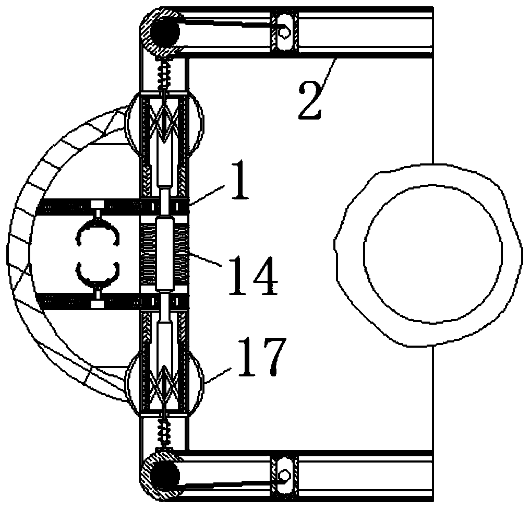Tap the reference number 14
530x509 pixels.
tap(254, 276)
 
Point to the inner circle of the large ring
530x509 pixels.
tap(433, 254)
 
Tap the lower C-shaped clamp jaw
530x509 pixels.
tap(98, 275)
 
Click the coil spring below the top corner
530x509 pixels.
tap(165, 75)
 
